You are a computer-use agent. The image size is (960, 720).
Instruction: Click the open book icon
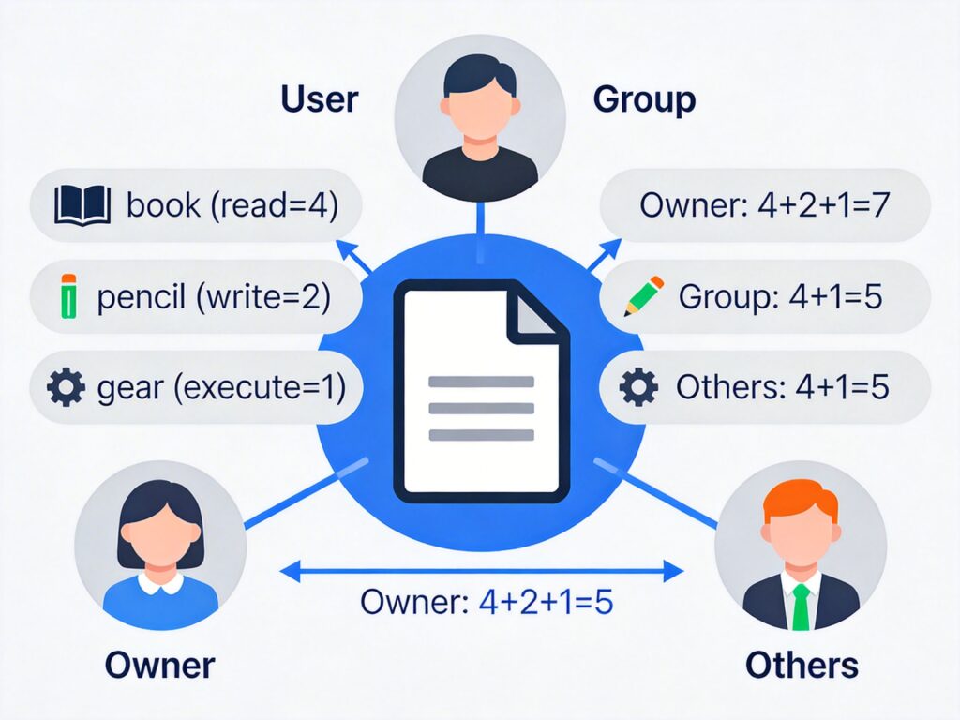(x=83, y=205)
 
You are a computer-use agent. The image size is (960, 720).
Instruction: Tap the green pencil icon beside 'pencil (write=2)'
(x=67, y=296)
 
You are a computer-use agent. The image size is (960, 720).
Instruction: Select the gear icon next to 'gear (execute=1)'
(x=66, y=387)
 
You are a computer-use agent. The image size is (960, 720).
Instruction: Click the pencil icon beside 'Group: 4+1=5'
(x=643, y=295)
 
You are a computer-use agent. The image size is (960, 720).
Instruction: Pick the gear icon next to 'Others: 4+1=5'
(x=638, y=387)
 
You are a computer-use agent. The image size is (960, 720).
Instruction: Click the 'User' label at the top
(x=319, y=100)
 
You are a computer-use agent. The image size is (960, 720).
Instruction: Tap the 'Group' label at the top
(x=644, y=100)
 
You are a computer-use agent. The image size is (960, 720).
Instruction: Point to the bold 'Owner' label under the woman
(x=159, y=665)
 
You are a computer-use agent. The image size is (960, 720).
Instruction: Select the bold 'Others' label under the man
(x=802, y=665)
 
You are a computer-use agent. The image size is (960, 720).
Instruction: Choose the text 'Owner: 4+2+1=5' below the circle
(x=487, y=601)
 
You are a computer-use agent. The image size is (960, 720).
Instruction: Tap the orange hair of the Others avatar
(x=800, y=501)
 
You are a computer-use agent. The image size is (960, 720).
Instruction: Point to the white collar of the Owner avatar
(x=160, y=584)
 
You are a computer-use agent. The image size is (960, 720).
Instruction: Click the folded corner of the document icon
(x=536, y=310)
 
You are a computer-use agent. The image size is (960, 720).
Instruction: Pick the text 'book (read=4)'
(x=232, y=205)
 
